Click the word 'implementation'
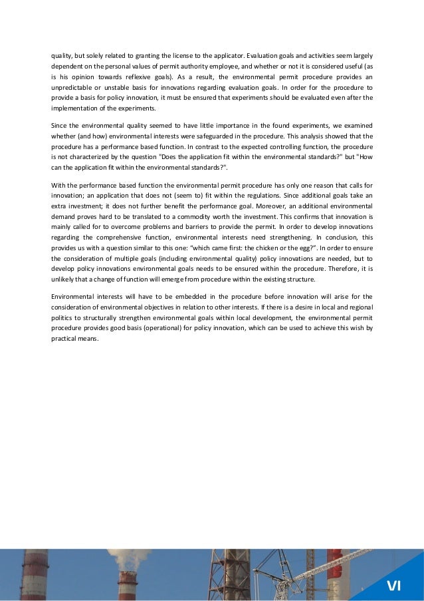(x=73, y=108)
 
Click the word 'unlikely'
(x=65, y=279)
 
